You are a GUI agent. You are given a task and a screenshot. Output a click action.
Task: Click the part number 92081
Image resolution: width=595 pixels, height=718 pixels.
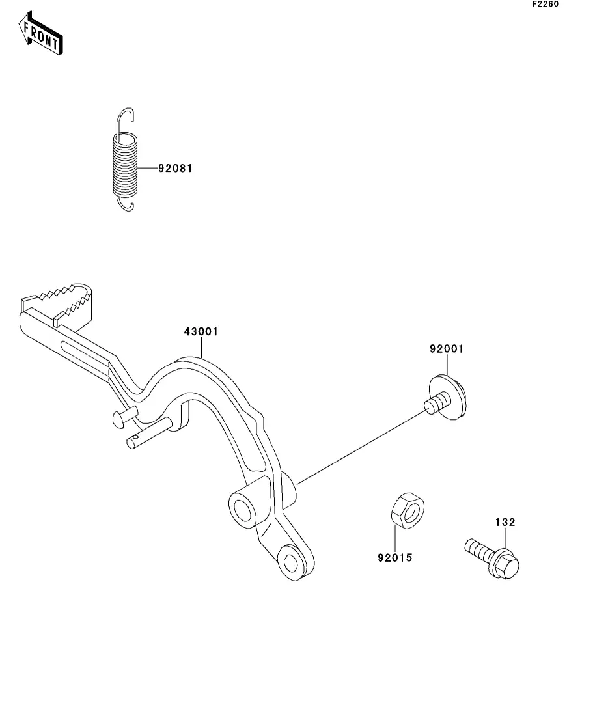[175, 169]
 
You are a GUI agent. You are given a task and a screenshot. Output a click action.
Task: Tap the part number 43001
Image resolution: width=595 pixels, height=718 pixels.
[201, 332]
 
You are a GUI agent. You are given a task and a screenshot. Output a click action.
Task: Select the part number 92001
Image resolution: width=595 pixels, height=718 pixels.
[446, 349]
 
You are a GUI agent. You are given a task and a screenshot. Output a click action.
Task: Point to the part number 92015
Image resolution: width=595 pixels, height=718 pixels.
[394, 558]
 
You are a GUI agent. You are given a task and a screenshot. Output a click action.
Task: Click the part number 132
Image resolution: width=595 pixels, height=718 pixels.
[505, 522]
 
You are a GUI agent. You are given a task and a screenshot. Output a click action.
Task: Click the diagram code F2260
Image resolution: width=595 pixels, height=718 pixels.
[546, 4]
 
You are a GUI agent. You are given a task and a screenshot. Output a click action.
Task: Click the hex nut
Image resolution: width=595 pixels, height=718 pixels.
[408, 509]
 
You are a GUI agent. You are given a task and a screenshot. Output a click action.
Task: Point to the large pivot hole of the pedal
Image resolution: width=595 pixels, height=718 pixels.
[242, 508]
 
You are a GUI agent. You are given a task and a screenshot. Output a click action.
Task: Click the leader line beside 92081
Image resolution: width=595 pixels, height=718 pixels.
[148, 169]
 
